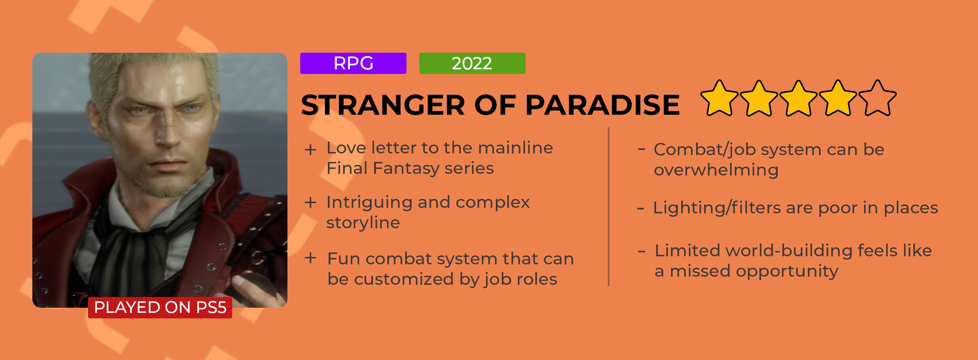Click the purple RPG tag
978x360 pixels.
[x=353, y=63]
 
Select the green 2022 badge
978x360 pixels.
[x=472, y=63]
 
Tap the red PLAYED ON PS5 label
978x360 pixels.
[x=160, y=307]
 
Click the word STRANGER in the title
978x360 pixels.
[x=383, y=105]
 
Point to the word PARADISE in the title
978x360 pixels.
[x=603, y=105]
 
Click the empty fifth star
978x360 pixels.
[x=877, y=98]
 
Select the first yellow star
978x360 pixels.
[x=719, y=98]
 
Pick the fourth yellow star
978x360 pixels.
[x=838, y=98]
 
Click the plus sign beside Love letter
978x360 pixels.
[x=310, y=150]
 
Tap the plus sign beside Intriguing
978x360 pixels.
[x=310, y=203]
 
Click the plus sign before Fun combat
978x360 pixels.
[x=310, y=258]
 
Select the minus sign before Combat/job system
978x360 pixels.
[x=642, y=149]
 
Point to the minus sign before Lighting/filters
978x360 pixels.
[x=640, y=209]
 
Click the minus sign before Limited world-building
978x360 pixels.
[x=642, y=252]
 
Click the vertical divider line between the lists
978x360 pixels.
[x=609, y=207]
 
